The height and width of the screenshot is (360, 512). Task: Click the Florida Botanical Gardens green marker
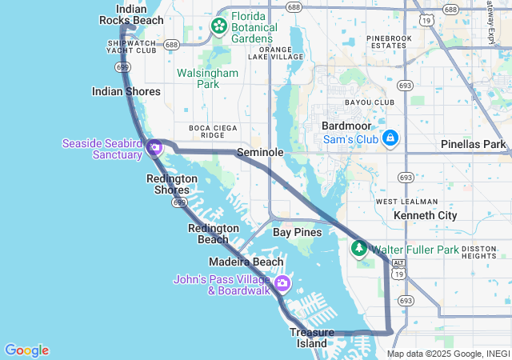(218, 27)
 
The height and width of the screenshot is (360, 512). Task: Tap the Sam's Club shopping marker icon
(390, 139)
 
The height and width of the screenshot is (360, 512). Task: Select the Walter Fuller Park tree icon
(359, 250)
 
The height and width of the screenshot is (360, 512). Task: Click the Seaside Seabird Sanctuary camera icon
(155, 148)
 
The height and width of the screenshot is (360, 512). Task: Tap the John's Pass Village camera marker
(282, 284)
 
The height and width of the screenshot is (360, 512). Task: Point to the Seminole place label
(260, 152)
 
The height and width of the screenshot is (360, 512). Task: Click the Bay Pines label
(297, 232)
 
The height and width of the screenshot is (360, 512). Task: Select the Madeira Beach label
(246, 262)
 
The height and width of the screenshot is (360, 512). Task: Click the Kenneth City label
(425, 216)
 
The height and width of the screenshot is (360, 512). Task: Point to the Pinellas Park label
(474, 145)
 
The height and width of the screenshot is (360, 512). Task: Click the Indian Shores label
(126, 91)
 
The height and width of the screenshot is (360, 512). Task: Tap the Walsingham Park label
(207, 78)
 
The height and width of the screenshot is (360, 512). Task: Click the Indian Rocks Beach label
(131, 14)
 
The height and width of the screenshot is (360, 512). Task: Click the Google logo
(26, 350)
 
